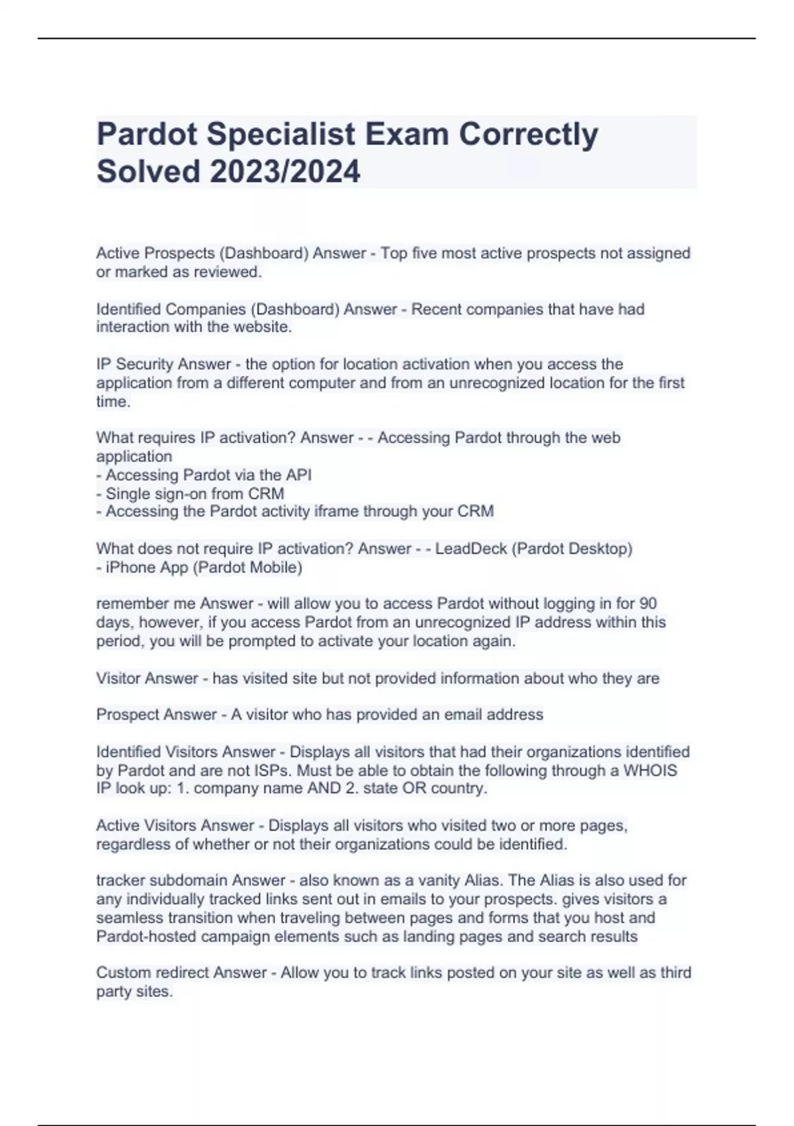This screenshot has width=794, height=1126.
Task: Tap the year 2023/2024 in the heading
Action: tap(285, 172)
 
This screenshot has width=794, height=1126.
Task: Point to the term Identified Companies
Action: tap(172, 309)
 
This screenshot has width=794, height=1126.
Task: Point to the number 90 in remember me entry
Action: tap(648, 603)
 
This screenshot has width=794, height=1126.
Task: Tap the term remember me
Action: tap(146, 603)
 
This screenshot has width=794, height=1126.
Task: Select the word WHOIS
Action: tap(650, 770)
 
